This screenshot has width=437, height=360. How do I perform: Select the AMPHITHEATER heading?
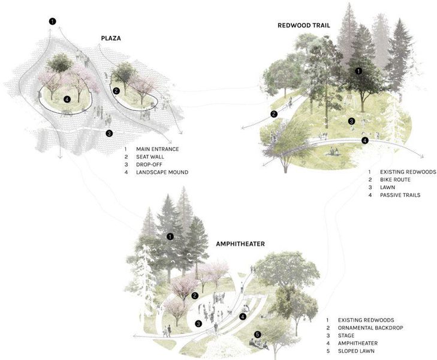(x=240, y=244)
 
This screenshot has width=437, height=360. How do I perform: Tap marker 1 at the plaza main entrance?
(x=53, y=22)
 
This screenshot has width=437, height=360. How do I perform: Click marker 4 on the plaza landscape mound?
(x=67, y=99)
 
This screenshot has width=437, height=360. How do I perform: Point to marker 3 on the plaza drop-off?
(x=109, y=133)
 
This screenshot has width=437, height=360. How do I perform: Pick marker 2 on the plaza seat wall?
(x=116, y=91)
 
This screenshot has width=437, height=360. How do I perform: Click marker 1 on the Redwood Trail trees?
(x=358, y=71)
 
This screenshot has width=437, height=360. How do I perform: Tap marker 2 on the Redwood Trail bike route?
(x=274, y=114)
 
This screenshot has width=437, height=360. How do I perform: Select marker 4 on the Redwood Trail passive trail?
(x=365, y=140)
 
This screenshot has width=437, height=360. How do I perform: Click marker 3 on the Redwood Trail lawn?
(x=352, y=121)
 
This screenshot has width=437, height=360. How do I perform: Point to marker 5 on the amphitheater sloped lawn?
(x=257, y=335)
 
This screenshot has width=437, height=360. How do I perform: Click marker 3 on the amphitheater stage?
(x=198, y=324)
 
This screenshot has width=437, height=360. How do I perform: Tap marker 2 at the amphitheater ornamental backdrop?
(x=195, y=296)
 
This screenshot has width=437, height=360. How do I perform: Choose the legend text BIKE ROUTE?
(x=396, y=179)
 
